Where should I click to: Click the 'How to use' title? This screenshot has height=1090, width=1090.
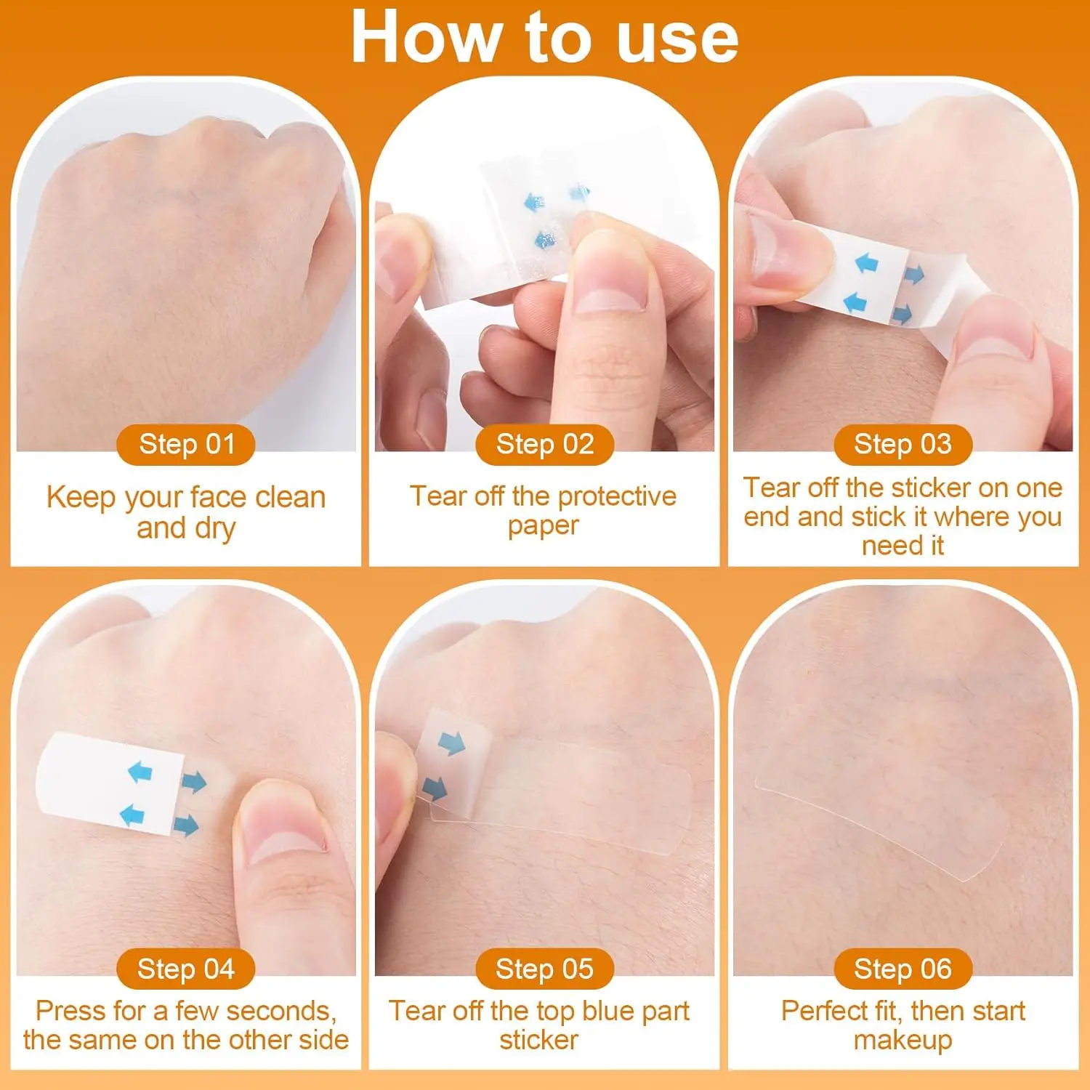click(544, 38)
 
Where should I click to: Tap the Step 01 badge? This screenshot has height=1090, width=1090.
click(186, 444)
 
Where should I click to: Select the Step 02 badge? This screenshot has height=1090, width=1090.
click(545, 444)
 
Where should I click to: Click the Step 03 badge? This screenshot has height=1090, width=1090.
click(903, 444)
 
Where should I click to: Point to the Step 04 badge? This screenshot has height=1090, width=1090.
click(186, 969)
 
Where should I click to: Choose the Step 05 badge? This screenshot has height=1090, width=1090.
click(545, 969)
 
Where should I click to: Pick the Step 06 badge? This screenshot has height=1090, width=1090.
click(903, 969)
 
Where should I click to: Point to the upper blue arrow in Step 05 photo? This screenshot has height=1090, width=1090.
click(451, 743)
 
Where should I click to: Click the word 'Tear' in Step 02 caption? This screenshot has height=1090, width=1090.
click(438, 496)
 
